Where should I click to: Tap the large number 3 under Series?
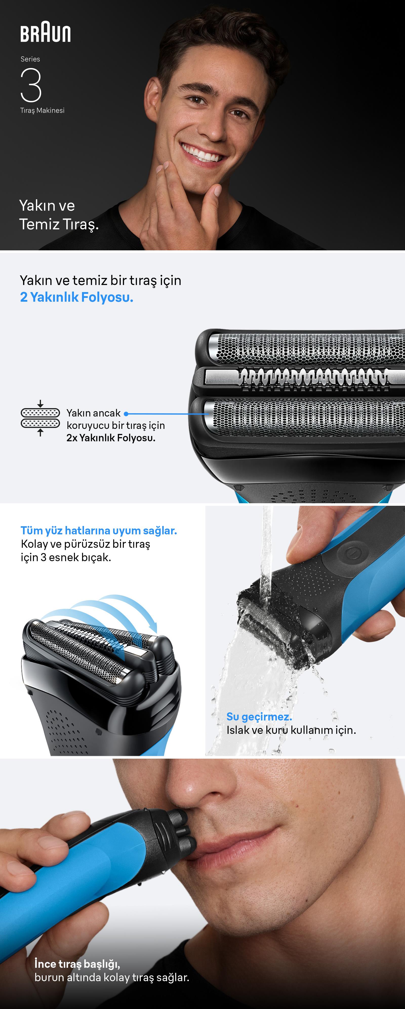31,85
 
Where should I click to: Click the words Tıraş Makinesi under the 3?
42,111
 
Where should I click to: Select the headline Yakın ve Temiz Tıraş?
59,215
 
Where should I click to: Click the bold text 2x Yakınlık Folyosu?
111,438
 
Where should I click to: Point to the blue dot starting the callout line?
126,414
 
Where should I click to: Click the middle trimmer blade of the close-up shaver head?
306,378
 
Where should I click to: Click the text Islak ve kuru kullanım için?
291,730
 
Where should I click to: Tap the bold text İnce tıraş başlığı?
77,963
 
